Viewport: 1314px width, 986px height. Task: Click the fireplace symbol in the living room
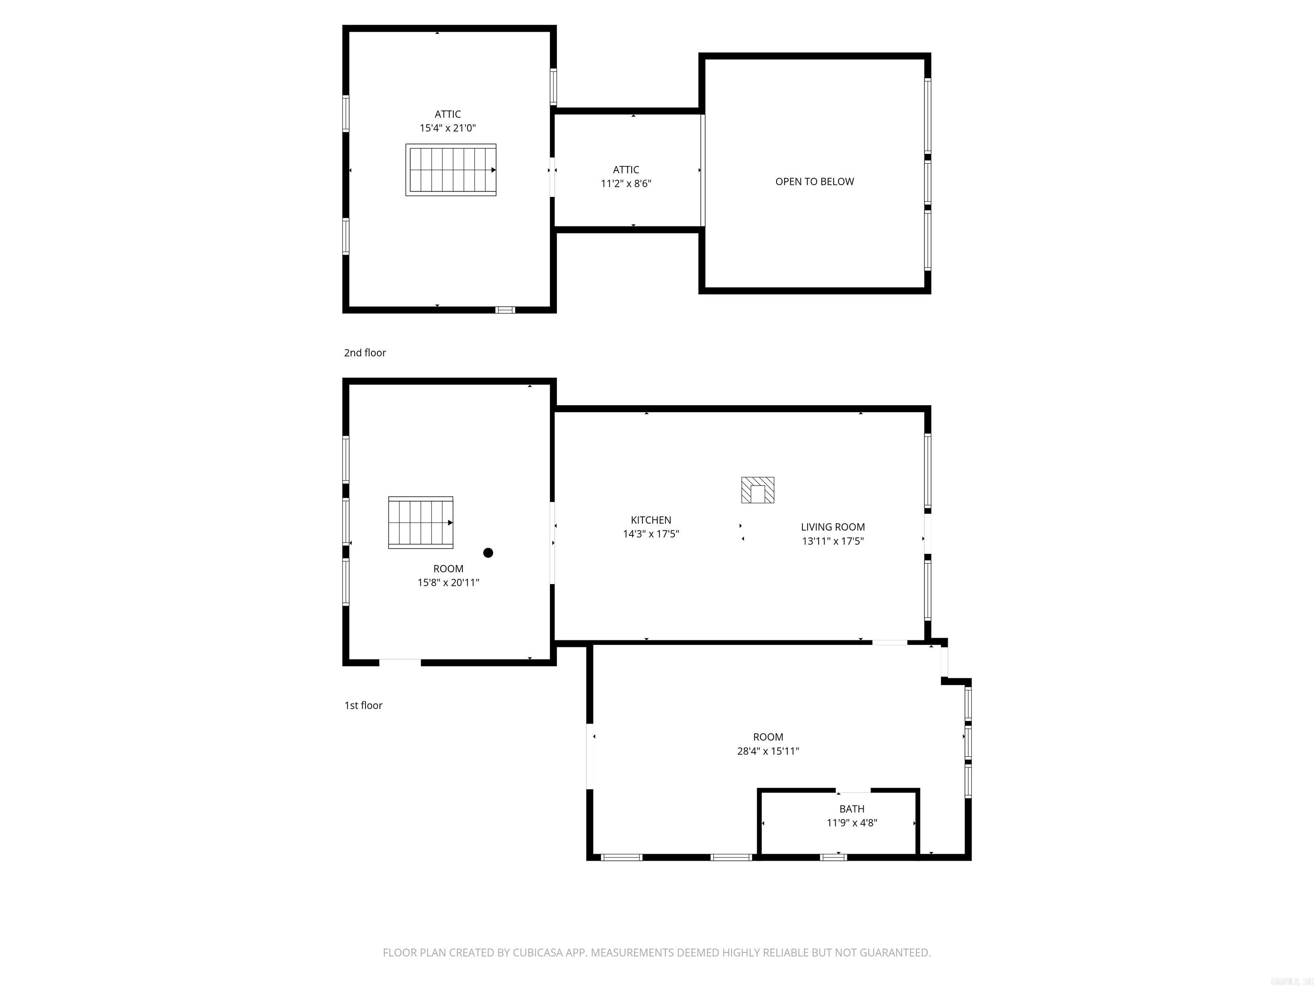[x=758, y=490]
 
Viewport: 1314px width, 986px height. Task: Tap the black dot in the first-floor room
[x=488, y=553]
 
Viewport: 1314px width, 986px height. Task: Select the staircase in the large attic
[x=451, y=170]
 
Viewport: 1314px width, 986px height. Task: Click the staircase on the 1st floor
[x=420, y=523]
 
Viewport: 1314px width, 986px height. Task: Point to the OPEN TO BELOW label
[x=814, y=182]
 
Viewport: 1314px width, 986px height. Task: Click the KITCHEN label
[x=651, y=520]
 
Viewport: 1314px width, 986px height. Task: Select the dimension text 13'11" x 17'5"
[x=833, y=541]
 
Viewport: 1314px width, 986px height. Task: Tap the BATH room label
[x=852, y=809]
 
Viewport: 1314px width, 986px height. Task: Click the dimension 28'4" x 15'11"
[x=768, y=751]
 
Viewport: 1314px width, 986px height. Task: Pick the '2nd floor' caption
[x=365, y=353]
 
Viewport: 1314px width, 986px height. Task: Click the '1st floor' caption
[x=364, y=705]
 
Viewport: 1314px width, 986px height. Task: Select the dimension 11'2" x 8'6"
[x=626, y=184]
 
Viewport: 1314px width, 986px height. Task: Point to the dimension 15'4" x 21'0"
[x=448, y=128]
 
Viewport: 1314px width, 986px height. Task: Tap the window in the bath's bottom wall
[x=833, y=857]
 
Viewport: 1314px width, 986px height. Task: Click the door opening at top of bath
[x=854, y=790]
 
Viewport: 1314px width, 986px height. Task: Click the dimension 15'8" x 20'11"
[x=448, y=583]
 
